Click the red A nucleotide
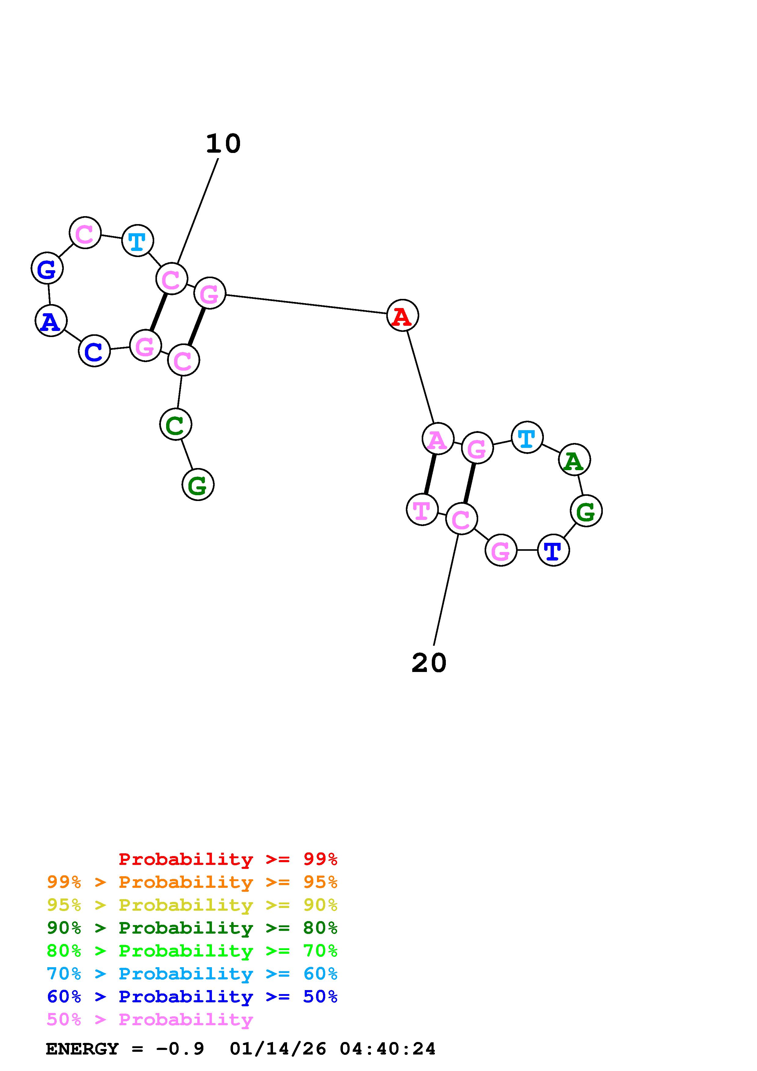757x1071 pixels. point(402,316)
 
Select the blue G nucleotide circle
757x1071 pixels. point(47,269)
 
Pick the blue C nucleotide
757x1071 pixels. point(94,351)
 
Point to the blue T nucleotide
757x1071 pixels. point(553,550)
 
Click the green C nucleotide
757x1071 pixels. point(175,424)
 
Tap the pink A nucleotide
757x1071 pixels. point(438,439)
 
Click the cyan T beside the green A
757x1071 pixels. point(527,437)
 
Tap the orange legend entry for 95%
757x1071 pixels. point(192,882)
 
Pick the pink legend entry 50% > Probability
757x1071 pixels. point(150,1020)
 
